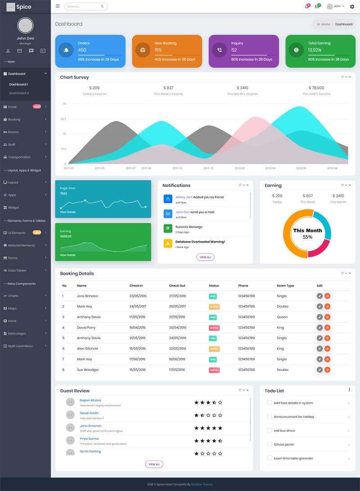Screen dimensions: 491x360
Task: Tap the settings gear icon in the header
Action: (352, 6)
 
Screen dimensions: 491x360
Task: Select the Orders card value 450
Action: (82, 50)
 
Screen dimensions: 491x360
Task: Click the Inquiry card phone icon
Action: (219, 50)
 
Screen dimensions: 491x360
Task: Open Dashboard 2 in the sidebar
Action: (19, 93)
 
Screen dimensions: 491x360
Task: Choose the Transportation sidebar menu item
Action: (19, 157)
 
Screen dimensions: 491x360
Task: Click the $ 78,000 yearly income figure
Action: (316, 88)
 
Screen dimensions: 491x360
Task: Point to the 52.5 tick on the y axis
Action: (63, 119)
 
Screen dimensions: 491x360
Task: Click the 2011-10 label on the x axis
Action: (177, 168)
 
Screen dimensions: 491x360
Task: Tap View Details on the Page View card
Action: (68, 212)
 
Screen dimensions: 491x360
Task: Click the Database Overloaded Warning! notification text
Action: (200, 242)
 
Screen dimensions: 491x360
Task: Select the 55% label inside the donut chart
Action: (307, 237)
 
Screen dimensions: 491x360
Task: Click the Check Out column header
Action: (177, 286)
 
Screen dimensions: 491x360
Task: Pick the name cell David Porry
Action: (86, 327)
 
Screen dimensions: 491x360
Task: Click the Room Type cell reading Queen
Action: (282, 317)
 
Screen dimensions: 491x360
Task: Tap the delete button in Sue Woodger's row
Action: (328, 370)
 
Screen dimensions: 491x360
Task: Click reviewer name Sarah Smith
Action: (89, 413)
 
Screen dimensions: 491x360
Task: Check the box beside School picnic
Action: (269, 444)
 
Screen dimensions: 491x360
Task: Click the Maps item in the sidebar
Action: (13, 308)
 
